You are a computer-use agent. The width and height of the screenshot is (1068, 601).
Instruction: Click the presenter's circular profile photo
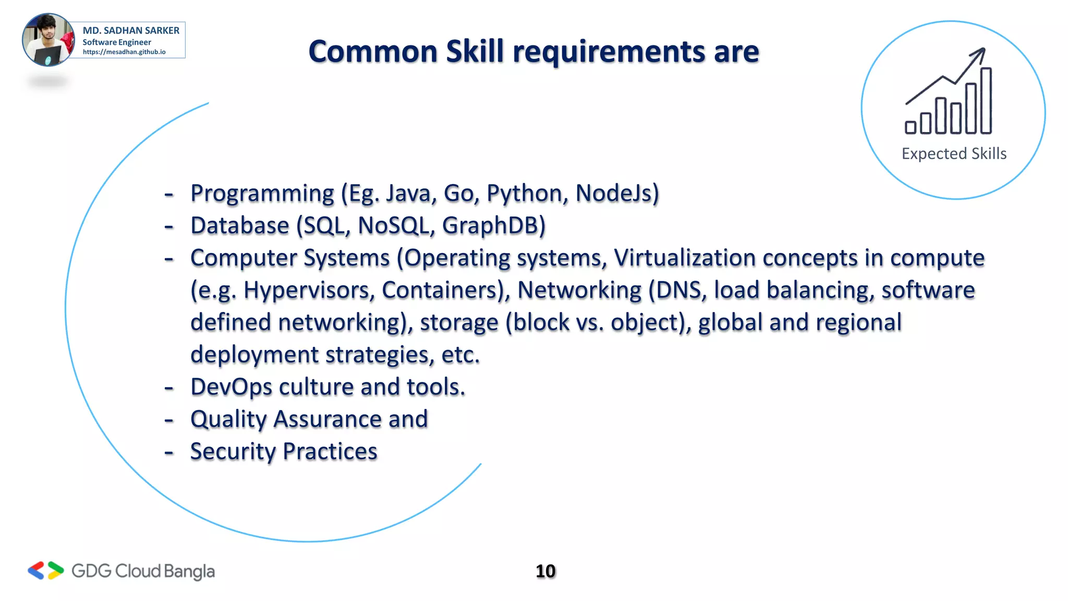(x=48, y=40)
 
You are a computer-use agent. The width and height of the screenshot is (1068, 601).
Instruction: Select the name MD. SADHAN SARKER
(x=131, y=30)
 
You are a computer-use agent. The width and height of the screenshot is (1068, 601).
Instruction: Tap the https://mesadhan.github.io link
(x=124, y=52)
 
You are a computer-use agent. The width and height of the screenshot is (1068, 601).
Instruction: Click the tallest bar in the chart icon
(x=986, y=100)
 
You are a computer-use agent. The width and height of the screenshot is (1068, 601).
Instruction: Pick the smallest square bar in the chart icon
(x=911, y=127)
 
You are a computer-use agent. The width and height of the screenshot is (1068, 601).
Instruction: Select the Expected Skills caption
(x=954, y=153)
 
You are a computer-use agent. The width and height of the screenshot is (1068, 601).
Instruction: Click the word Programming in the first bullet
(x=262, y=194)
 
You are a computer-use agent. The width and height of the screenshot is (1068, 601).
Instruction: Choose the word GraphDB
(x=493, y=226)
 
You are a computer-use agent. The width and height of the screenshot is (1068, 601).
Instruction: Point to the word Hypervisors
(x=309, y=291)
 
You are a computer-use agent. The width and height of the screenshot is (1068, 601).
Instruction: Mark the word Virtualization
(x=684, y=258)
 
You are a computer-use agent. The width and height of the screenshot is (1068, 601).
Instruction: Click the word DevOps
(x=231, y=387)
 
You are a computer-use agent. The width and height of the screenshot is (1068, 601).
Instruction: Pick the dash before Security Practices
(x=168, y=452)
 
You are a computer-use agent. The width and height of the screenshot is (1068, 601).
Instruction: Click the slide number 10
(x=545, y=571)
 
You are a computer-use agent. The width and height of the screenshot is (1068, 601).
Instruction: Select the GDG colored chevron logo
(x=46, y=571)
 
